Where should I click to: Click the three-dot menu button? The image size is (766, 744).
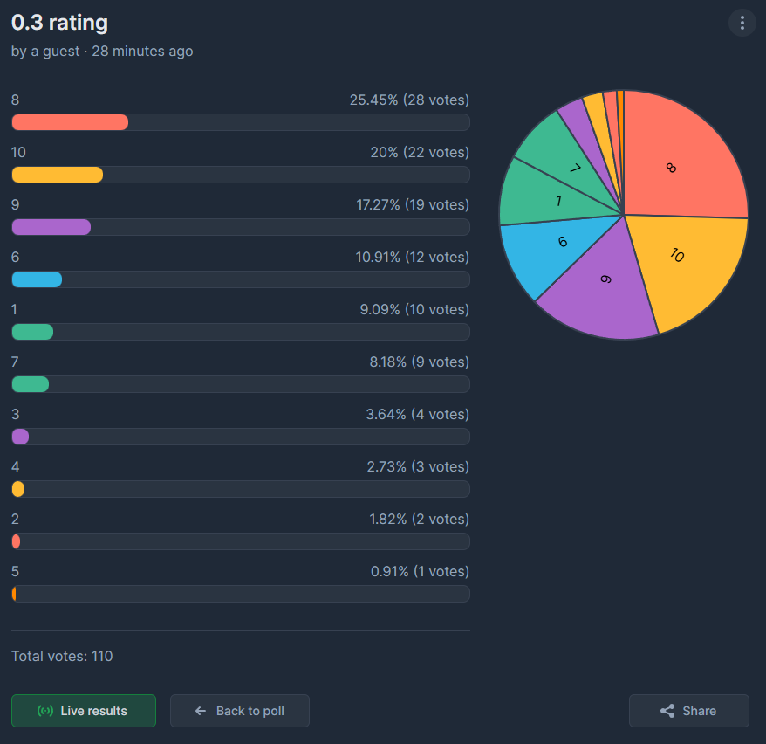pyautogui.click(x=742, y=23)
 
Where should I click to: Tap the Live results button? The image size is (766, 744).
pyautogui.click(x=84, y=711)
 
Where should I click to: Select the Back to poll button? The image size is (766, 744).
pyautogui.click(x=240, y=711)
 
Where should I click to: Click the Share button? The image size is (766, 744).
pyautogui.click(x=688, y=711)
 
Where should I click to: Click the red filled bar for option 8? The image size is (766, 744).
pyautogui.click(x=70, y=122)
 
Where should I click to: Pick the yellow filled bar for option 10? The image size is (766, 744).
pyautogui.click(x=58, y=175)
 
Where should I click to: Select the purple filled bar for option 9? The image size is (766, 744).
pyautogui.click(x=51, y=227)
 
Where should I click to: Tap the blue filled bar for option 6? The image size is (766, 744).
pyautogui.click(x=37, y=279)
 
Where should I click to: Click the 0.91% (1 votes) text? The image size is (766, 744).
pyautogui.click(x=420, y=572)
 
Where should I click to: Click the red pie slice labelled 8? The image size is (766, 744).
pyautogui.click(x=681, y=157)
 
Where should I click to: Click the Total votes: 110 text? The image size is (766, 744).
pyautogui.click(x=62, y=656)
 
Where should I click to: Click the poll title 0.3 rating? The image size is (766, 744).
pyautogui.click(x=60, y=23)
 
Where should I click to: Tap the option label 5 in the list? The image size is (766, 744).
pyautogui.click(x=15, y=572)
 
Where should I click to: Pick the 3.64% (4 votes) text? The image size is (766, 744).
pyautogui.click(x=417, y=415)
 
